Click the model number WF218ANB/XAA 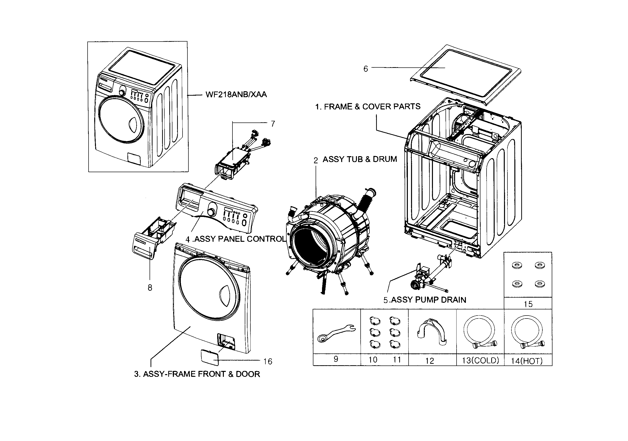point(236,95)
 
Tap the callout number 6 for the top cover point(366,69)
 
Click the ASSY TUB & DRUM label point(359,159)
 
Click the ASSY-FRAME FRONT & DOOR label point(197,374)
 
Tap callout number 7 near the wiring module point(273,124)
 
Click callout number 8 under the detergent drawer point(150,288)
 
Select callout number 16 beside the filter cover point(268,362)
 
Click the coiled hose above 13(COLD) point(479,331)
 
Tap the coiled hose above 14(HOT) point(527,331)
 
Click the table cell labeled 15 point(528,304)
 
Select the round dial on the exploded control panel point(211,212)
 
